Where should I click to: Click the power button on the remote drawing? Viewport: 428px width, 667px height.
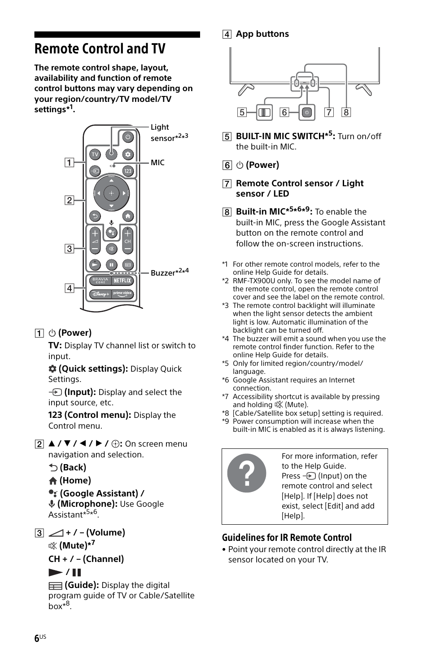[x=128, y=137]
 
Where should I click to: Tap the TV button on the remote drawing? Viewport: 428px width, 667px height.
[x=95, y=154]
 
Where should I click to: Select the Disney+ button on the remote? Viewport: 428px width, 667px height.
[x=100, y=294]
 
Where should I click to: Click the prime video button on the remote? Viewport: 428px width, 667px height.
[x=122, y=294]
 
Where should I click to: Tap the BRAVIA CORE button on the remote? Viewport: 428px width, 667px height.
[x=100, y=281]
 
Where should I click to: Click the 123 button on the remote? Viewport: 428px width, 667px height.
[x=128, y=171]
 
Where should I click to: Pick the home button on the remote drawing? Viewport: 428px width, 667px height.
[x=128, y=216]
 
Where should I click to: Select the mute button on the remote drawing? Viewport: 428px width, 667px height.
[x=111, y=249]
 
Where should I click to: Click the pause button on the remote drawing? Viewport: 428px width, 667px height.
[x=111, y=265]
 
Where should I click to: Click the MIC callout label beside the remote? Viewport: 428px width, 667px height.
[x=157, y=162]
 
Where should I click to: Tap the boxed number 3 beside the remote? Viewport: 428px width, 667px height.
[x=69, y=248]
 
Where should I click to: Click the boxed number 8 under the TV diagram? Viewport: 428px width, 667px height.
[x=346, y=112]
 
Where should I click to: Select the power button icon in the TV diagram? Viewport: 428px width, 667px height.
[x=307, y=112]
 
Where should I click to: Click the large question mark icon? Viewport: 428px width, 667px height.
[x=247, y=473]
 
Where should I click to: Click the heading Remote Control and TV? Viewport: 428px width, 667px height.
[x=100, y=48]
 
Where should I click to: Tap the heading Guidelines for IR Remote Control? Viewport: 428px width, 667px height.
[x=286, y=537]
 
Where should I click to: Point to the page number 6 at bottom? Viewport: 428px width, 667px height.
[x=37, y=638]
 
